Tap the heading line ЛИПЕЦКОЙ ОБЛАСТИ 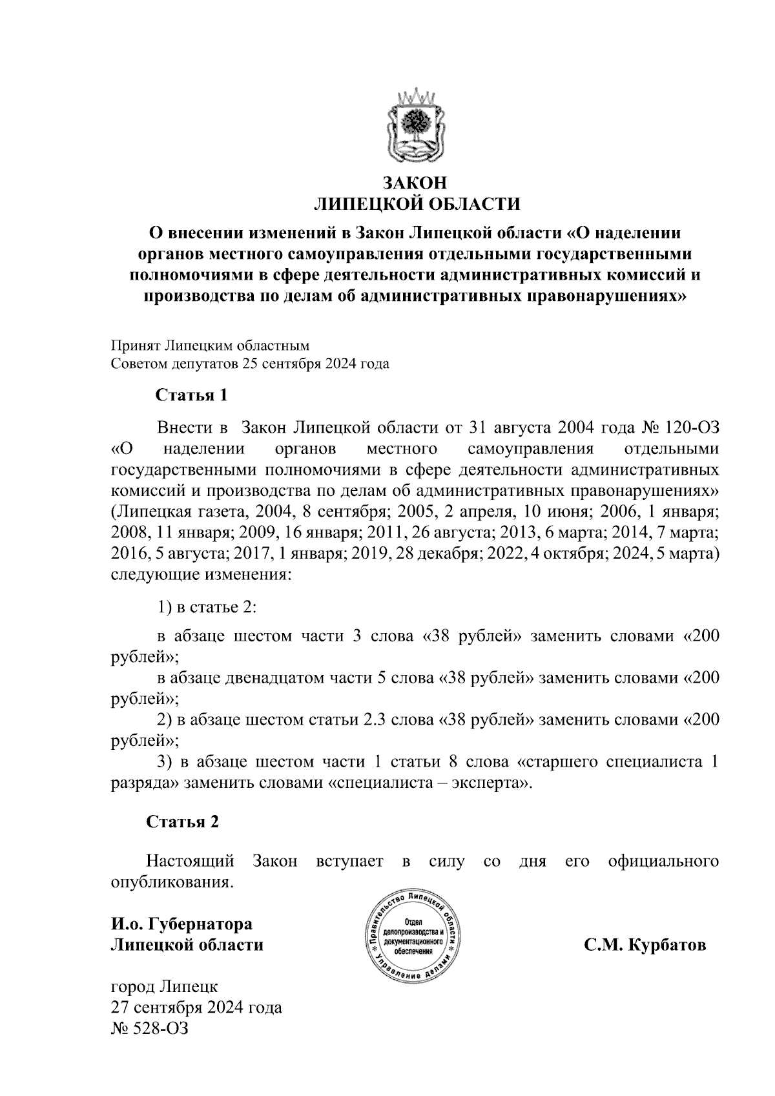click(416, 205)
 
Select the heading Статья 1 click(191, 395)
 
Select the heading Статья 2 click(183, 822)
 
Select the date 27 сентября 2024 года click(197, 1008)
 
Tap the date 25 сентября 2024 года click(316, 364)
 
